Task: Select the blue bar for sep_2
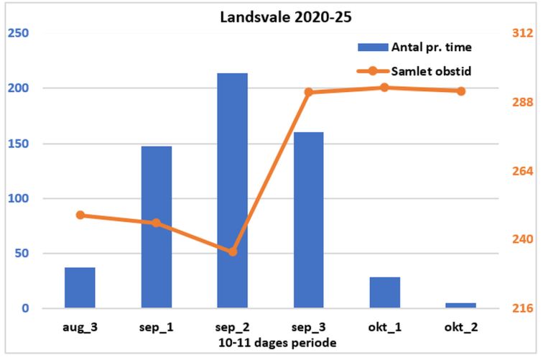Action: pos(232,190)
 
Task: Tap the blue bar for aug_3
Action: pos(80,287)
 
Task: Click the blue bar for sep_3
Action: pos(308,220)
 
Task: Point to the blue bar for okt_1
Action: pos(384,292)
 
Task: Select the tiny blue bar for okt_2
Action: pos(460,305)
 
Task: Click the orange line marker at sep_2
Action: pos(233,251)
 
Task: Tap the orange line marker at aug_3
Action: pos(80,215)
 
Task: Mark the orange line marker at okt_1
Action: pos(384,88)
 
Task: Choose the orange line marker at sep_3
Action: pos(308,92)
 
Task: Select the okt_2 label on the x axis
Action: pos(460,327)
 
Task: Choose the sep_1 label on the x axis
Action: pos(156,327)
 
